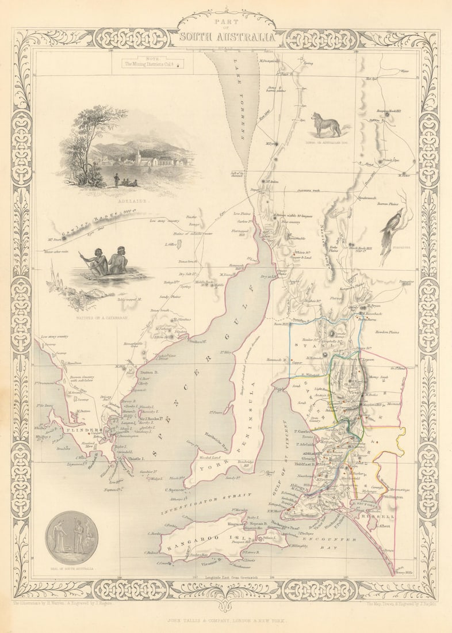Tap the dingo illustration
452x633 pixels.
(x=325, y=125)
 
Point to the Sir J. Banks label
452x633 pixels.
(x=132, y=418)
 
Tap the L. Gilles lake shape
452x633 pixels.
(x=179, y=245)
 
